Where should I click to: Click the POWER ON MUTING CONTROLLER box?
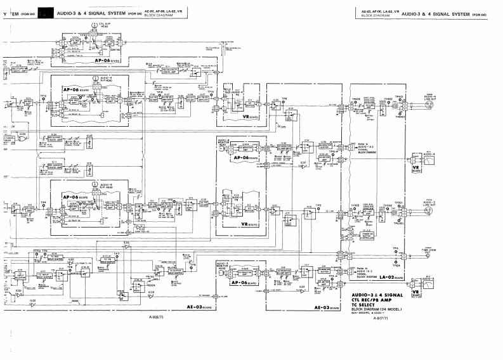[383, 232]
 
